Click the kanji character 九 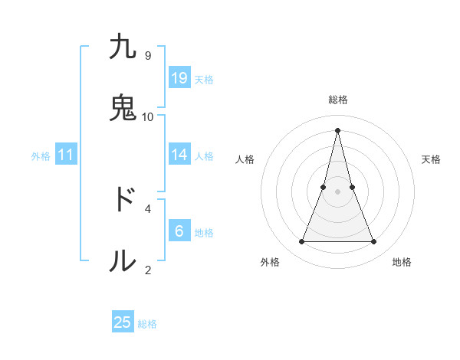[123, 47]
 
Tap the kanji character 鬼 [123, 108]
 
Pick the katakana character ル [123, 260]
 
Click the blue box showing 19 [179, 77]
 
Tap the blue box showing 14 [179, 155]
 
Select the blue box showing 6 [179, 231]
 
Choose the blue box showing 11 [66, 155]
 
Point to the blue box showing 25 [123, 322]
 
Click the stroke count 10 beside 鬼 [148, 116]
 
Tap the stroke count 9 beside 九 [148, 55]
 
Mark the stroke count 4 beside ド [148, 208]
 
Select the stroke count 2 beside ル [148, 269]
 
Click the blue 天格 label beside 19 [204, 79]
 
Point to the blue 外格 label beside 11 [41, 156]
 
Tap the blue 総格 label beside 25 [147, 324]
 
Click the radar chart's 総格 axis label [338, 100]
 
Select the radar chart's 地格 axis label [402, 262]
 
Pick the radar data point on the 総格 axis [338, 129]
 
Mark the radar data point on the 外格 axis [301, 242]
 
